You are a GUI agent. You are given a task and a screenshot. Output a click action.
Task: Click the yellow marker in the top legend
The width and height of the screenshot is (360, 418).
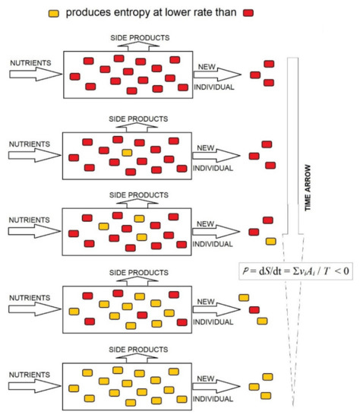[x=53, y=13]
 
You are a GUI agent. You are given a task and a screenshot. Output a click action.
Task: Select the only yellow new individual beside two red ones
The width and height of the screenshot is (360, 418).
[x=270, y=242]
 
